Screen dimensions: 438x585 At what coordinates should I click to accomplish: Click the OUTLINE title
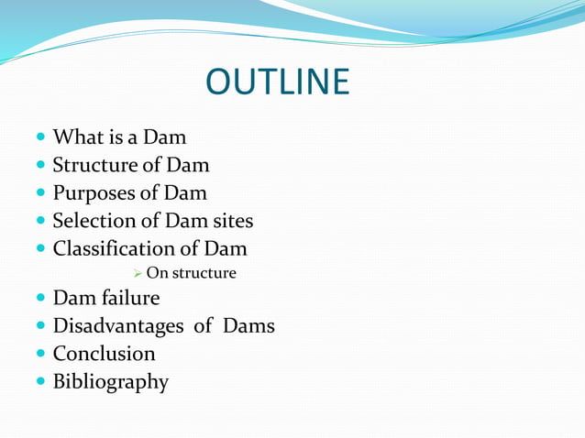(277, 82)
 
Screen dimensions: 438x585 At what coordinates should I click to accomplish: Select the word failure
(129, 298)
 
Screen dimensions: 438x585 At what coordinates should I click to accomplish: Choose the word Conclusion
(104, 353)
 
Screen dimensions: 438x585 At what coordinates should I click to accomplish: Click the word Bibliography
(110, 381)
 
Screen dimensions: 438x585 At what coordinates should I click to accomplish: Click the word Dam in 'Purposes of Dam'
(185, 193)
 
